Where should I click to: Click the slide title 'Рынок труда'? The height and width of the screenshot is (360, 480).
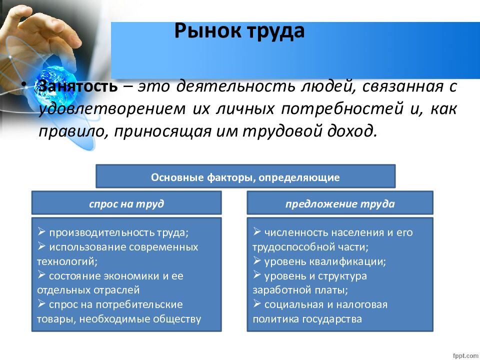[239, 31]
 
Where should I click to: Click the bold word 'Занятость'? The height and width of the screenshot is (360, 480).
[78, 86]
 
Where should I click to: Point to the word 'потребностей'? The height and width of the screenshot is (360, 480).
[341, 109]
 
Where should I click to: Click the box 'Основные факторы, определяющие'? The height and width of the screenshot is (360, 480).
[245, 176]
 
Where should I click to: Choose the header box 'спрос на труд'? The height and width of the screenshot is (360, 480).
[126, 203]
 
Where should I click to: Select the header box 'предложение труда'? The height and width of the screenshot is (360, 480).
[340, 203]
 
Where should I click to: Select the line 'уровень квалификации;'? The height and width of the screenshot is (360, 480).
[325, 261]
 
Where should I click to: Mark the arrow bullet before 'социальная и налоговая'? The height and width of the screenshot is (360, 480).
[257, 304]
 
